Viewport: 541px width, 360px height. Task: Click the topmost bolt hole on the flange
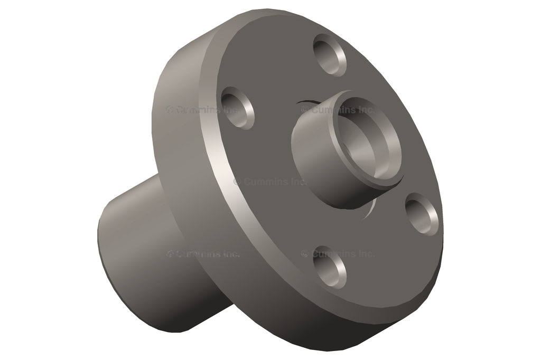coord(330,55)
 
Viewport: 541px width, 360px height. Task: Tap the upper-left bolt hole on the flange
coord(238,108)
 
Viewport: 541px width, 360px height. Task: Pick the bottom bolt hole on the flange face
coord(330,267)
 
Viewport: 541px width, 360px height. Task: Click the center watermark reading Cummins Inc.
coord(270,182)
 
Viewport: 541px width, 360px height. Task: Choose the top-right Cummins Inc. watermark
coord(338,110)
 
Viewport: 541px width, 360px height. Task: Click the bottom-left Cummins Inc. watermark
coord(203,254)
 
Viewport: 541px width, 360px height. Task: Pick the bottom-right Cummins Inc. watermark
coord(338,254)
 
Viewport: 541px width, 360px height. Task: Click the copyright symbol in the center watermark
coord(237,182)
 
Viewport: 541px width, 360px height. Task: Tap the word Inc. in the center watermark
coord(299,182)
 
